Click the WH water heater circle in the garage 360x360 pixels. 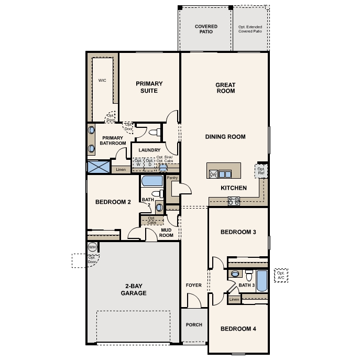pyautogui.click(x=92, y=247)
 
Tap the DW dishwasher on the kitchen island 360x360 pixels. pyautogui.click(x=213, y=174)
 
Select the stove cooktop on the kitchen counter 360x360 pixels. pyautogui.click(x=233, y=200)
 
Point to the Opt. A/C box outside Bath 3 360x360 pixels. pyautogui.click(x=281, y=276)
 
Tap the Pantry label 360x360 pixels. pyautogui.click(x=172, y=178)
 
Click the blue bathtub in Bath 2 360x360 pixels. pyautogui.click(x=152, y=182)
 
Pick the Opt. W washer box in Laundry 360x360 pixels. pyautogui.click(x=138, y=163)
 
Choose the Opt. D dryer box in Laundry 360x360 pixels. pyautogui.click(x=149, y=163)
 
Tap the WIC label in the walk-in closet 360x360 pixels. pyautogui.click(x=102, y=81)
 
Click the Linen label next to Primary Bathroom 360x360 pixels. pyautogui.click(x=121, y=170)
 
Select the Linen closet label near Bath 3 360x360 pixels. pyautogui.click(x=234, y=299)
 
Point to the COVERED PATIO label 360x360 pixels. pyautogui.click(x=206, y=29)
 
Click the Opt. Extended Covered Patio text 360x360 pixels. pyautogui.click(x=249, y=29)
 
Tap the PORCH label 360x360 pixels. pyautogui.click(x=194, y=325)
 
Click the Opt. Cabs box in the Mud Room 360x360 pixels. pyautogui.click(x=151, y=220)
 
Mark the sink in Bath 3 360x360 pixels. pyautogui.click(x=235, y=274)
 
